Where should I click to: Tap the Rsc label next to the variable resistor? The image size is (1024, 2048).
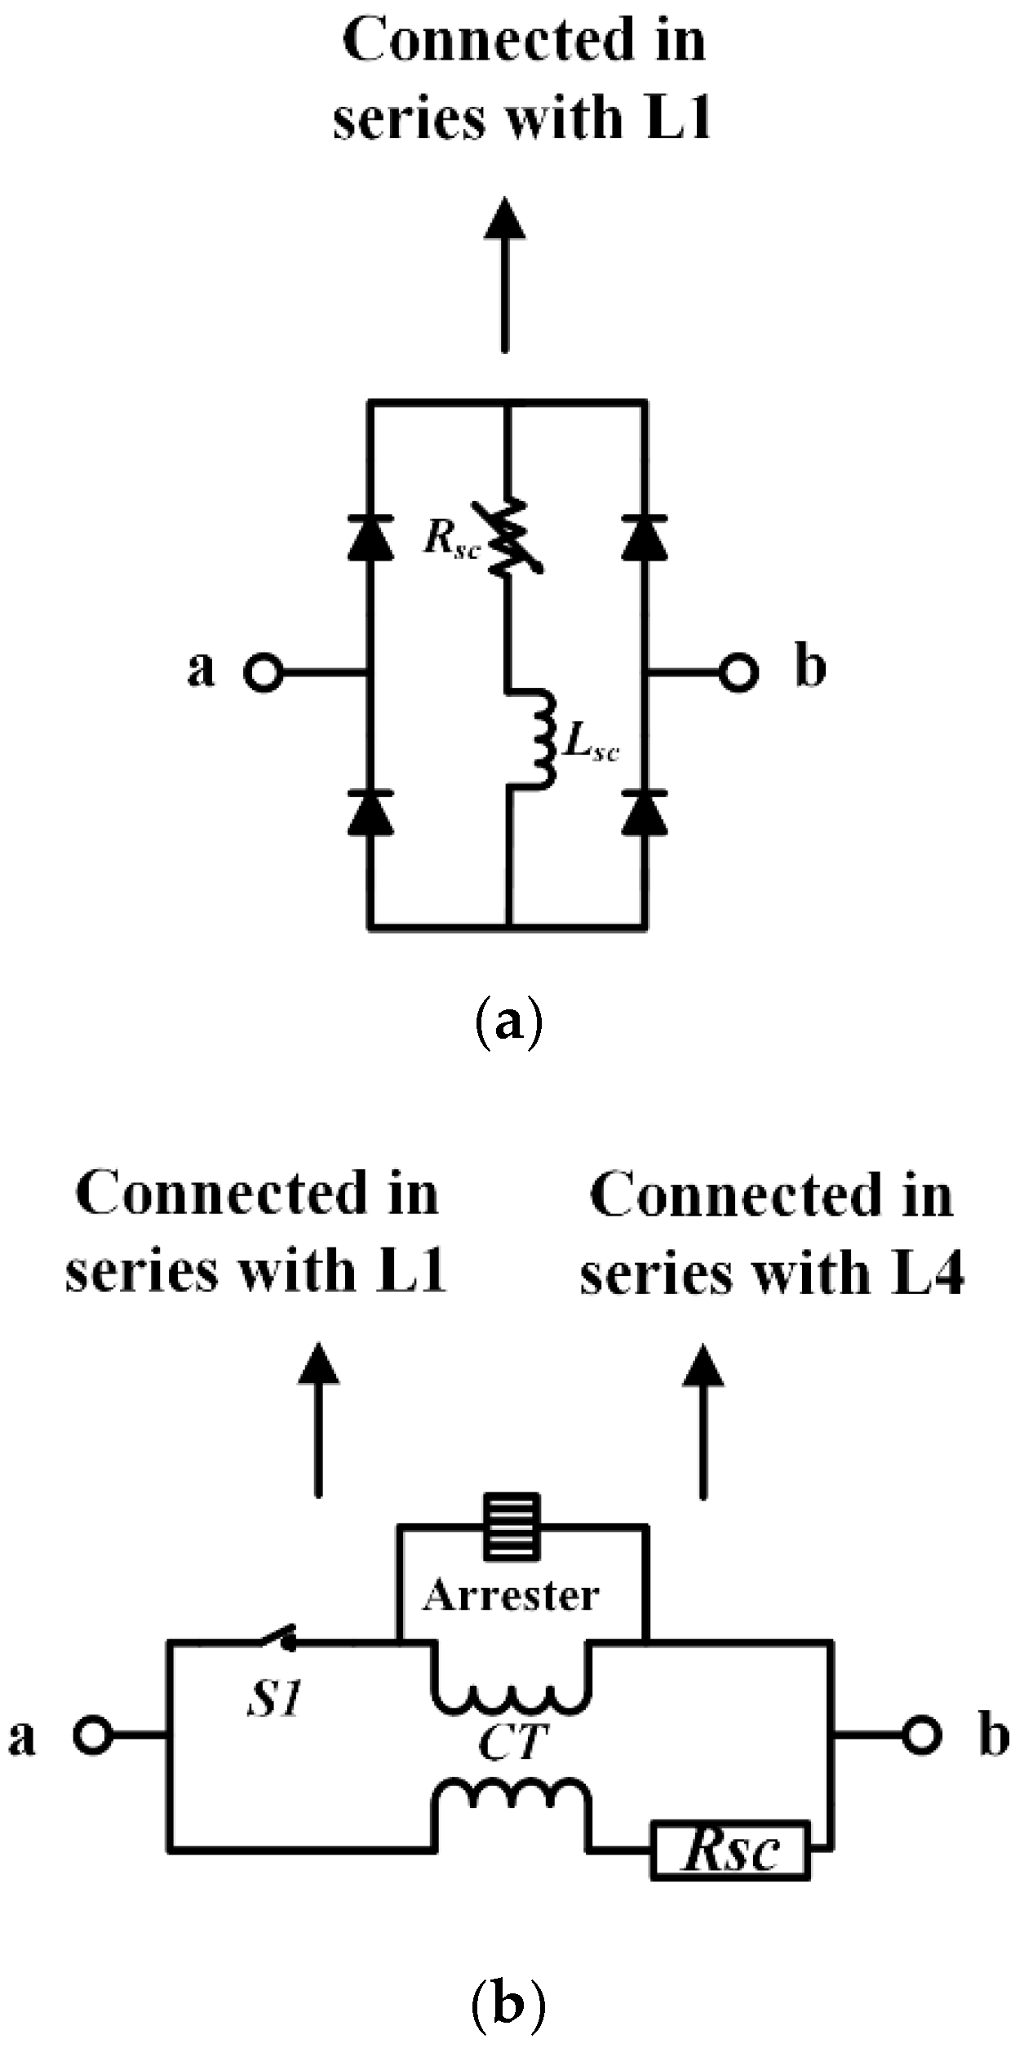(x=449, y=539)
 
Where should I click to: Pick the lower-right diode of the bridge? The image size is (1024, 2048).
(x=645, y=813)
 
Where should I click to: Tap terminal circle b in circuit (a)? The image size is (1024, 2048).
(x=738, y=672)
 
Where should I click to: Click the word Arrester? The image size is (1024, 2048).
(x=511, y=1595)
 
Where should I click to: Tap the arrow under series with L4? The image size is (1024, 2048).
(x=703, y=1420)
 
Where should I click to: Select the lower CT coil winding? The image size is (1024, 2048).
(x=511, y=1794)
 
